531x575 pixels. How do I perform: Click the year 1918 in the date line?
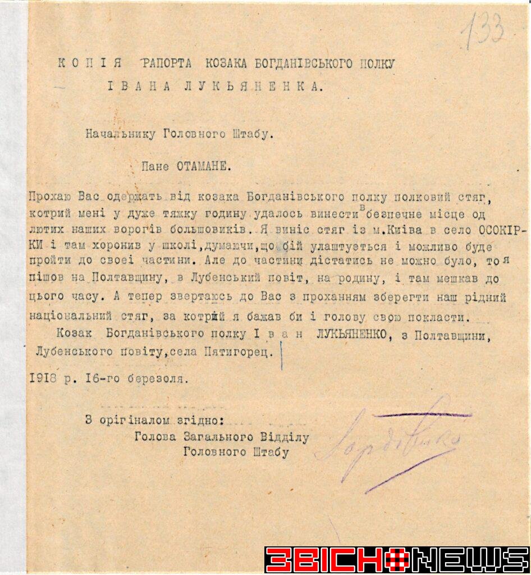43,379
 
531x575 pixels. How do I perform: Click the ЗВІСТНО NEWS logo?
396,560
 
